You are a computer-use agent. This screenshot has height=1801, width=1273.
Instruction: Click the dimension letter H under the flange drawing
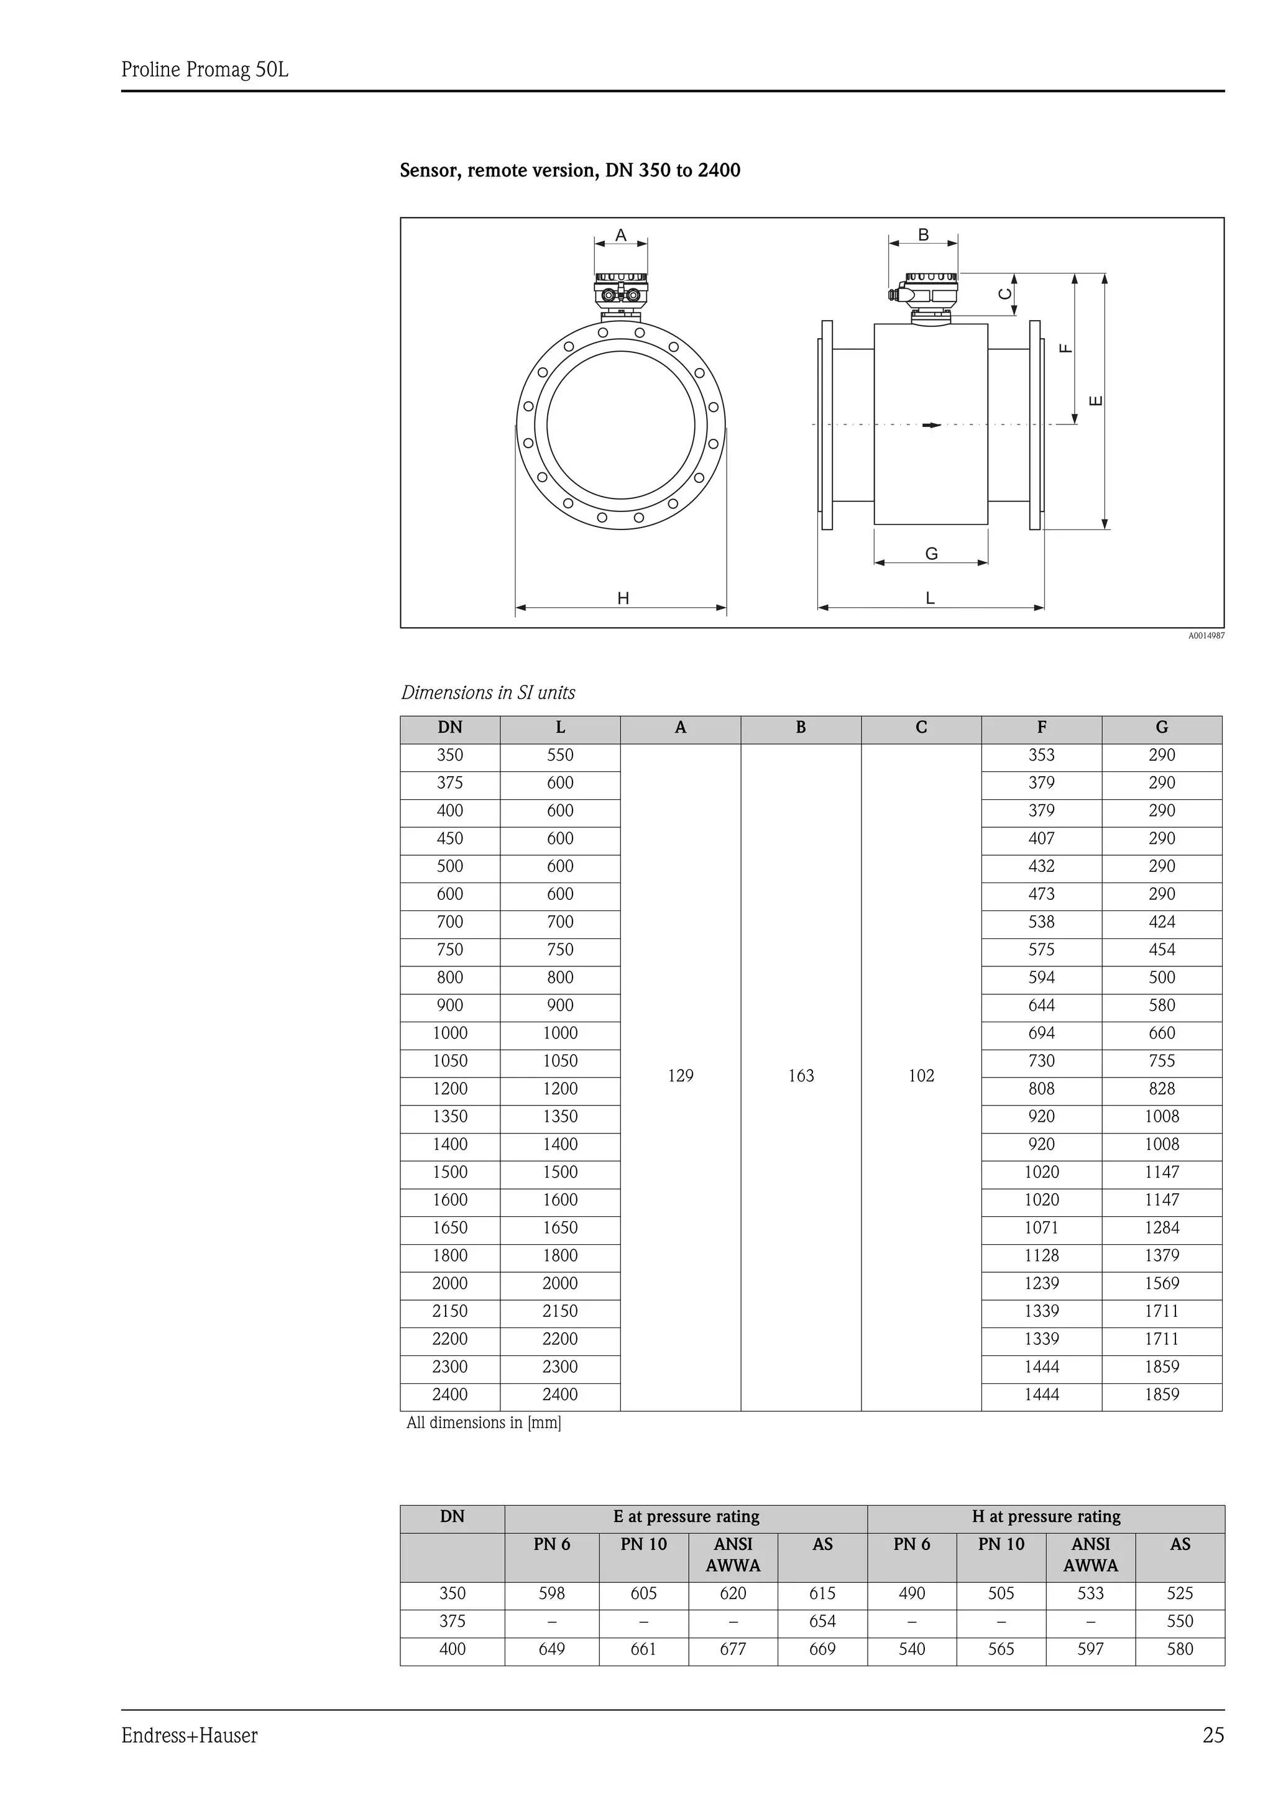click(623, 599)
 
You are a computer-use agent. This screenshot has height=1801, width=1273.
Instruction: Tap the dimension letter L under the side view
click(931, 598)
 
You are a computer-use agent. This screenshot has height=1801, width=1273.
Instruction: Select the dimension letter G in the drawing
click(931, 554)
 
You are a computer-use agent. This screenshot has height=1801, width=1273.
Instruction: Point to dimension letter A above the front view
click(620, 236)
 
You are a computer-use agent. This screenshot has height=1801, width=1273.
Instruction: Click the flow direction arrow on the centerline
click(932, 425)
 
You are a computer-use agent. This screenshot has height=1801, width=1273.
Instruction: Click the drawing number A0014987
click(1205, 636)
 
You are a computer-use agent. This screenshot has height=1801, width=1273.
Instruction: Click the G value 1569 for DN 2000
click(1161, 1284)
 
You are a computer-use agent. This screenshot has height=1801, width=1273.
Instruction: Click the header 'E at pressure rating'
click(686, 1517)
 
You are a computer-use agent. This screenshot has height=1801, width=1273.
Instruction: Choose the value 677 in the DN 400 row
click(733, 1649)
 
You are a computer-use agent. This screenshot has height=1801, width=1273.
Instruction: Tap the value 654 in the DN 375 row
click(822, 1621)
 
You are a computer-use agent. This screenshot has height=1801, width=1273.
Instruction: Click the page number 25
click(1213, 1736)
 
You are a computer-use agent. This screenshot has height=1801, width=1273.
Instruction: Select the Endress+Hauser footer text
click(189, 1736)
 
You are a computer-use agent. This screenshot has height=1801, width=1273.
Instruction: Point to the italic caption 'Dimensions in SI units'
click(488, 693)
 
